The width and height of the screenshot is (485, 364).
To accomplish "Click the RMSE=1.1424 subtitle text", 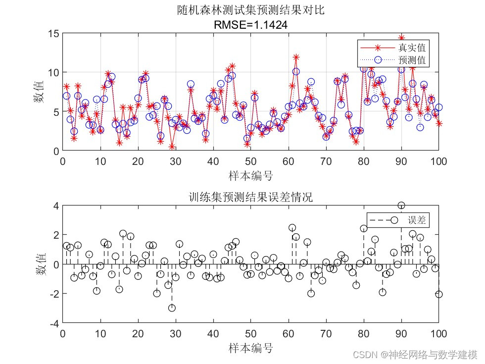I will (251, 23).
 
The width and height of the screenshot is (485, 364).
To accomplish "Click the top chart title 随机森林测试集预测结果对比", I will (251, 10).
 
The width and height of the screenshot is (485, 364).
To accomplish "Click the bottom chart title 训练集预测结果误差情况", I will (251, 197).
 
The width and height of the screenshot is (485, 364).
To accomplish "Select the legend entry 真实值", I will (412, 48).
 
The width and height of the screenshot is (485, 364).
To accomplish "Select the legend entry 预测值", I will (412, 60).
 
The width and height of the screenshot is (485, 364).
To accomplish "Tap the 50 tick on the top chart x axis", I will (251, 161).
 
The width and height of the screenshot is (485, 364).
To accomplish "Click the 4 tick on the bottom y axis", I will (55, 206).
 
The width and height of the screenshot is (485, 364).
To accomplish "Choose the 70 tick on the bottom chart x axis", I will (326, 333).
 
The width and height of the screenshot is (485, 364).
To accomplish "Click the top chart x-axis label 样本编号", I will (251, 175).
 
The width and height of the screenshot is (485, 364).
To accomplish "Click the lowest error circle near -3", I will (172, 308).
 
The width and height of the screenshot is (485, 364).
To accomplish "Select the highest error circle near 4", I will (401, 206).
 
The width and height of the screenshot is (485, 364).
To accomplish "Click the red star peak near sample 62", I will (296, 57).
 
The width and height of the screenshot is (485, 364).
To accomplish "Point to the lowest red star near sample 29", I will (172, 147).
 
